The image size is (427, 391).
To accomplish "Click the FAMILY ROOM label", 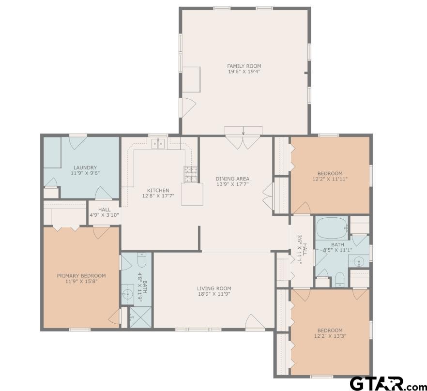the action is click(244, 66).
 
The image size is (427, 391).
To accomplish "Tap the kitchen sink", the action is click(158, 144).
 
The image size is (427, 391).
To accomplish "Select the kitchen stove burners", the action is click(191, 174).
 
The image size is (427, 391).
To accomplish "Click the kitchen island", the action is click(192, 194).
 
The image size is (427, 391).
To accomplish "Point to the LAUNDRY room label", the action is click(85, 167).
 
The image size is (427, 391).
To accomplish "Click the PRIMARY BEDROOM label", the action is click(81, 275).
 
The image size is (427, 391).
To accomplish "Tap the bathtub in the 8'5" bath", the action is click(332, 227).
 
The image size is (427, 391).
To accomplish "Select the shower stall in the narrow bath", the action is click(140, 317).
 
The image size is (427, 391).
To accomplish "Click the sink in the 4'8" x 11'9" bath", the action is click(127, 294).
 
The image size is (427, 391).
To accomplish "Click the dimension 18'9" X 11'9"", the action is click(214, 294).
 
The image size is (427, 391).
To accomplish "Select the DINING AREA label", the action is click(232, 179).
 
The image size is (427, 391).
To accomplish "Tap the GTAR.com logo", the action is click(388, 384).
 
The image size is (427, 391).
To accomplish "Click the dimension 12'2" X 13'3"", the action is click(330, 336).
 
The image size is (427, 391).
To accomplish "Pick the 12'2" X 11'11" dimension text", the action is click(330, 179).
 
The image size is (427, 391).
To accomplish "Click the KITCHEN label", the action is click(158, 190).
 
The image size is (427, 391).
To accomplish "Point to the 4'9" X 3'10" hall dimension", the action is click(104, 214).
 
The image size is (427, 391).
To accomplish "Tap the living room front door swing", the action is click(254, 322).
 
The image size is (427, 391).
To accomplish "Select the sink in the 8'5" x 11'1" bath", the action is click(359, 262).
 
